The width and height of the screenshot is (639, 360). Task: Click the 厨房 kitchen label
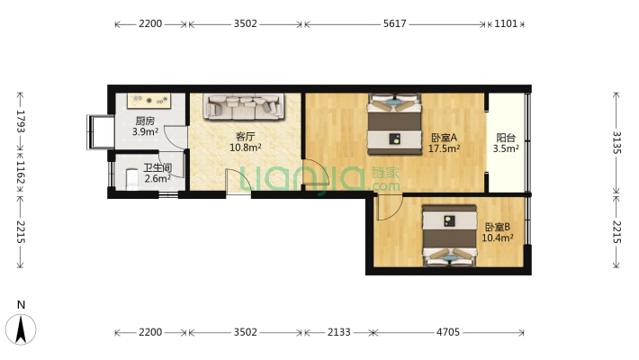point(145,121)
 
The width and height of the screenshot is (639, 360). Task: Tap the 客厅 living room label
point(246,137)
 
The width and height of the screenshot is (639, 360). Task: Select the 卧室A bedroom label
point(444,138)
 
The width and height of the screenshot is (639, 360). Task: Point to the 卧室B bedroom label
point(497,227)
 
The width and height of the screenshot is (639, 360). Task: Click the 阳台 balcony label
point(506,138)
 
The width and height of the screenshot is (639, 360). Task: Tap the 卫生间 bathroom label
point(157,167)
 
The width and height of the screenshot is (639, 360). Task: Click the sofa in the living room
point(245,106)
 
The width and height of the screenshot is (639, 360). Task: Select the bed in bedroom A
point(394,124)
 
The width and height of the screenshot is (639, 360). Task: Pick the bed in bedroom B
point(449,235)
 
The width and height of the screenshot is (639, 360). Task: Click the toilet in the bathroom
point(132,180)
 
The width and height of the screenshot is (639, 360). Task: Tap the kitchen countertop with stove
point(149,101)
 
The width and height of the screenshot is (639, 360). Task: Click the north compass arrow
point(21,329)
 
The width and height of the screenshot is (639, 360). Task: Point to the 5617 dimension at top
point(394,23)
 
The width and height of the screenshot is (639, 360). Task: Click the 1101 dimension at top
point(506,23)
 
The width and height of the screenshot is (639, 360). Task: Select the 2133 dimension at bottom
point(339,332)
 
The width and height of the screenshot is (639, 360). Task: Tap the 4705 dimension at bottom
point(448,332)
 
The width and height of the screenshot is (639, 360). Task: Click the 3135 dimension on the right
point(616,143)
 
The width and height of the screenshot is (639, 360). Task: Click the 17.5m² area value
point(444,148)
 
